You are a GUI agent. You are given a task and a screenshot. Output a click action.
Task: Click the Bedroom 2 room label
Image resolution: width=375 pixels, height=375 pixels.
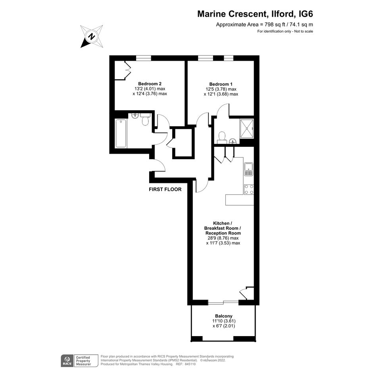[x=150, y=84]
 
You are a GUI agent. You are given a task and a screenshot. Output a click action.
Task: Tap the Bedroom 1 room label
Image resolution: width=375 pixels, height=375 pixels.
[x=221, y=84]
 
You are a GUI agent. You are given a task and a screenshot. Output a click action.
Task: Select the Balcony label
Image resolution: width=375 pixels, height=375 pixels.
[x=224, y=316]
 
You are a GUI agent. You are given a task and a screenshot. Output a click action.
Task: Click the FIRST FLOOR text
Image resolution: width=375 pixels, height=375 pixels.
[x=165, y=189]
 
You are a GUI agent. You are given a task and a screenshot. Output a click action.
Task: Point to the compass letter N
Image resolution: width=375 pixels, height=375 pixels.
[x=91, y=37]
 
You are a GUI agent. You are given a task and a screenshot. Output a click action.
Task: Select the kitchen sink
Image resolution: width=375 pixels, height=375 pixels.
[x=249, y=169]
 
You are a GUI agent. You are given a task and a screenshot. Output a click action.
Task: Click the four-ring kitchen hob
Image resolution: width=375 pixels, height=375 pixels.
[x=249, y=189]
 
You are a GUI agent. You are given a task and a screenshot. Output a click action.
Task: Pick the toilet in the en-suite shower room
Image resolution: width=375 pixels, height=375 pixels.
[x=222, y=137]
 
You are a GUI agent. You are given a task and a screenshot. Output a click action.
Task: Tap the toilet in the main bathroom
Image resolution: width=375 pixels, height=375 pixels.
[x=145, y=119]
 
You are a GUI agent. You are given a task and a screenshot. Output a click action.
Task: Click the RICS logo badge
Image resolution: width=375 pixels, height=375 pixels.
[x=67, y=361]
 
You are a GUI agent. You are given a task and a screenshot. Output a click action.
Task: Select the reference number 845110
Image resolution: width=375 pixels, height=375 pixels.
[x=190, y=364]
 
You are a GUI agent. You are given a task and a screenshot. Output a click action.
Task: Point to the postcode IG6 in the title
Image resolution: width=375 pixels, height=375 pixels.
[x=306, y=14]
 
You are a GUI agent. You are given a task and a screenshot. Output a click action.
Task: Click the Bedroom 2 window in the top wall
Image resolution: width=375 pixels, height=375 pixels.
[x=144, y=58]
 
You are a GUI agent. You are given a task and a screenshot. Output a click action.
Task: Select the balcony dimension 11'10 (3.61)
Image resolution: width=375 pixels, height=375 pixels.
[x=224, y=321]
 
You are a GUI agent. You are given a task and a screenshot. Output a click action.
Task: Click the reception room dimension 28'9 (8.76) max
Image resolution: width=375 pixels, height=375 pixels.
[x=223, y=238]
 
